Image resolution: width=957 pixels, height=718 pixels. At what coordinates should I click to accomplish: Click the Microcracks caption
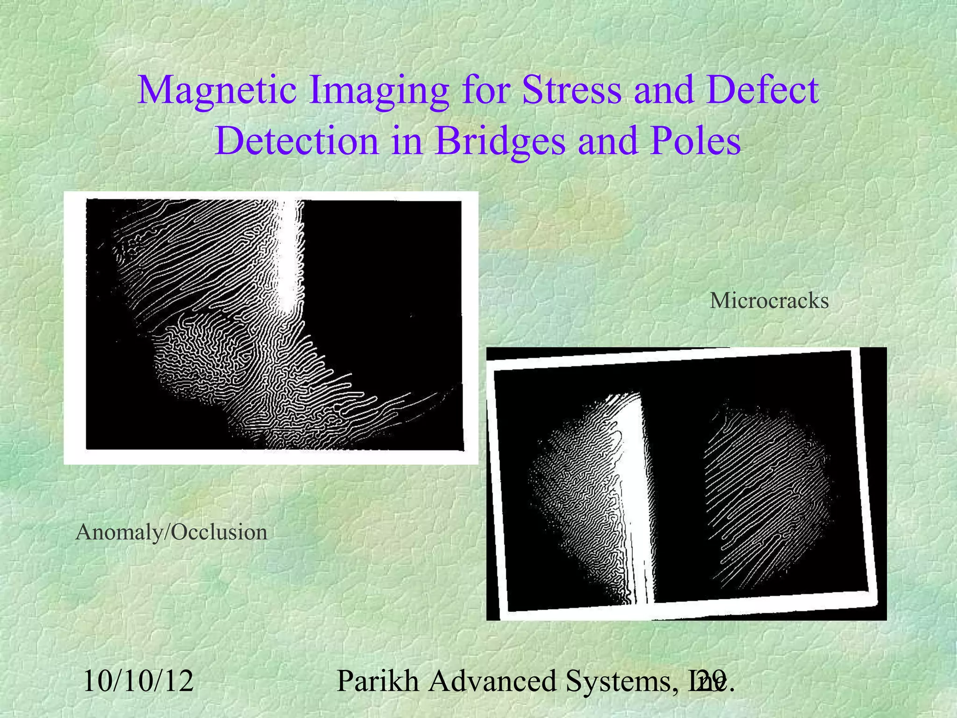tap(769, 301)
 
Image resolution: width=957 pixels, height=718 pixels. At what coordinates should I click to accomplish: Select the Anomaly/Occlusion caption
tap(171, 532)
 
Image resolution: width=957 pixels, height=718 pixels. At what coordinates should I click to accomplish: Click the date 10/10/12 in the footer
tap(138, 681)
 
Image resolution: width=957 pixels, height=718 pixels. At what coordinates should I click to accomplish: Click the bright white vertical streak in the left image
tap(290, 257)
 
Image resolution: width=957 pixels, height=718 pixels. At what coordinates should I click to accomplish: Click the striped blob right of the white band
tap(766, 491)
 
